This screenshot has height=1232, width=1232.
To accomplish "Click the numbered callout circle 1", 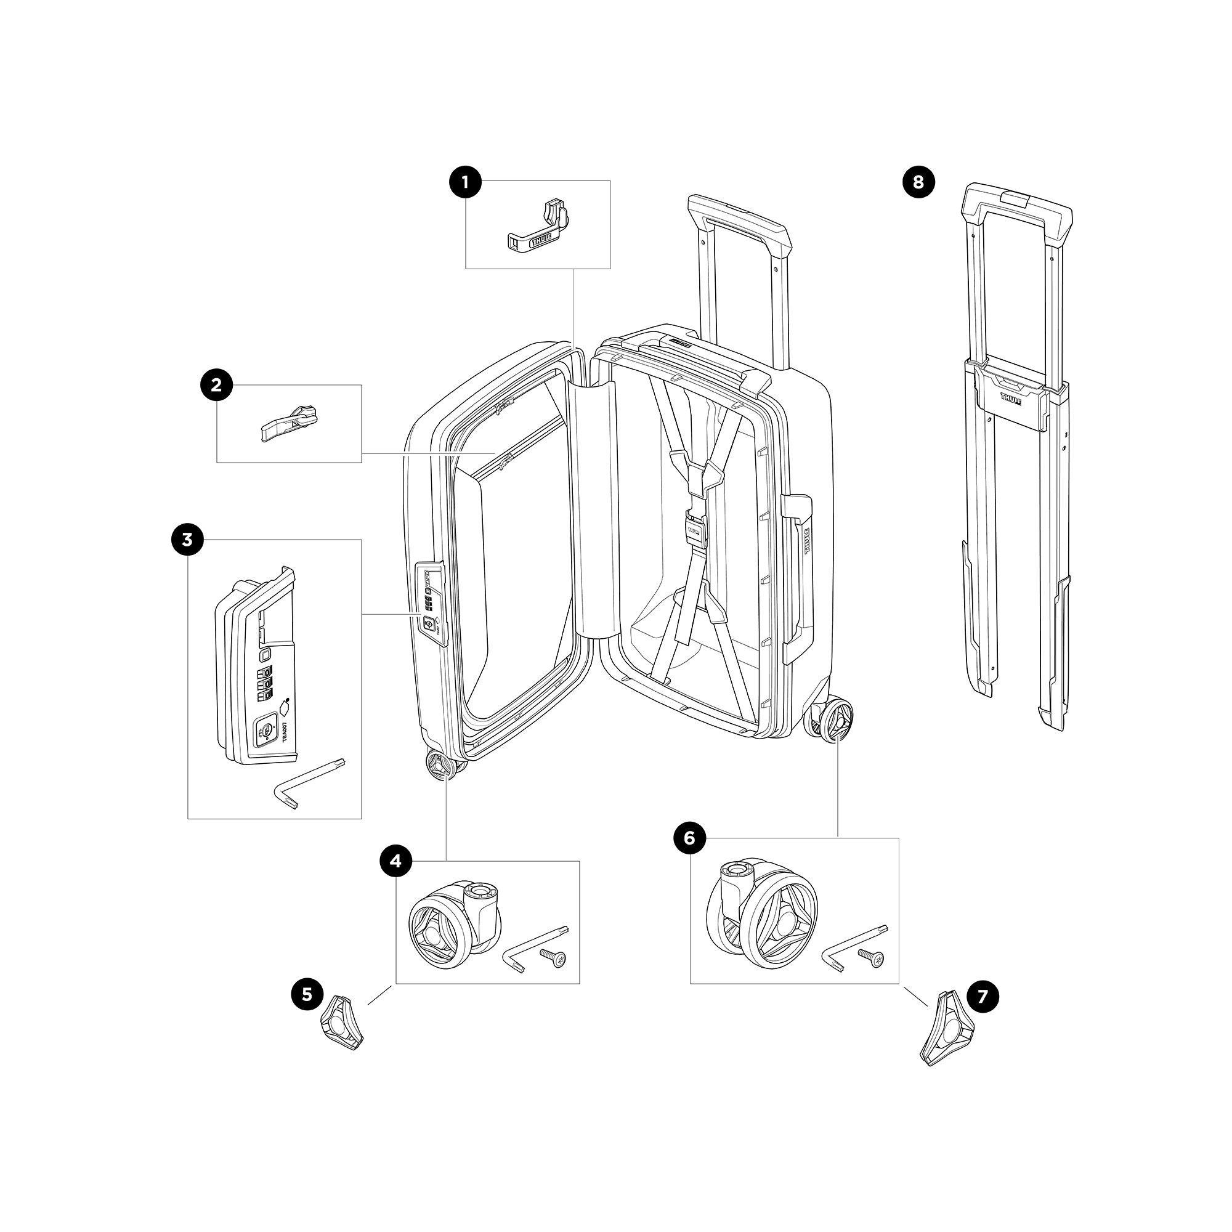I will point(465,182).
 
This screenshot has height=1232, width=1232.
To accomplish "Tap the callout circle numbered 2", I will point(216,384).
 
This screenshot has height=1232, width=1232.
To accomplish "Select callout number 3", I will point(187,540).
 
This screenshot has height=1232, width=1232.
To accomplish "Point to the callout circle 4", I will point(396,861).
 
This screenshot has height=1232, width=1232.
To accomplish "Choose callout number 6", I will point(689,838).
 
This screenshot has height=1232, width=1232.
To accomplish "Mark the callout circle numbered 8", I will point(918,182).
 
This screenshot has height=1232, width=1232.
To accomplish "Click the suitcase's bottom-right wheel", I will point(832,721).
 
